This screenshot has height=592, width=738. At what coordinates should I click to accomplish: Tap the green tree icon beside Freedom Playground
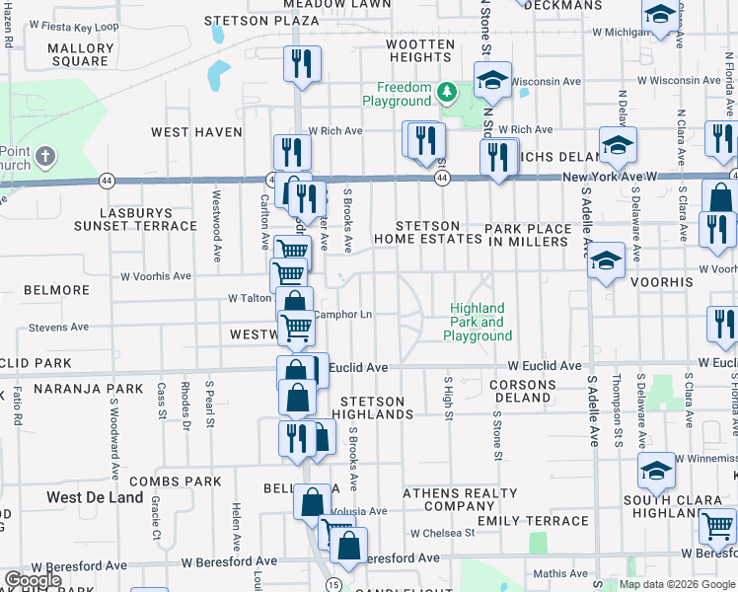point(447,92)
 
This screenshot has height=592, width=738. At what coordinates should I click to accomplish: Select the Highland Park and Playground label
point(477,322)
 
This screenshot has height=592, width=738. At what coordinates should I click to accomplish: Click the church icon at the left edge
point(44,156)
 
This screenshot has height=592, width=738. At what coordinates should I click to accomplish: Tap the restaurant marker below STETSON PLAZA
point(303,64)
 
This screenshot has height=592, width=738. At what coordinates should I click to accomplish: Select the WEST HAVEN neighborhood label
point(196,131)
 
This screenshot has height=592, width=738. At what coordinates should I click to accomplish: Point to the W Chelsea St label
point(443,533)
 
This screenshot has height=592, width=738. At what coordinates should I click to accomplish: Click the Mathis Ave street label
point(558,572)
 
